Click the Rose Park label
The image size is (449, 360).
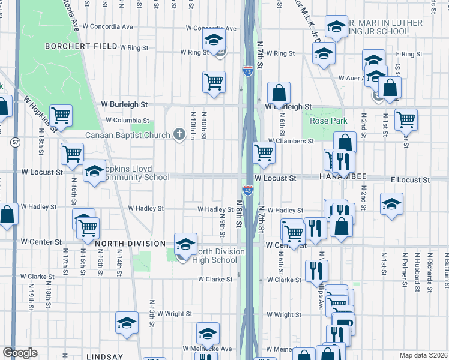pos(328,121)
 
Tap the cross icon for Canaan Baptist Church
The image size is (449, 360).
pos(179,134)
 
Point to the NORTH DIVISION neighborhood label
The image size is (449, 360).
pos(130,243)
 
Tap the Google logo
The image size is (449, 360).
pos(20,353)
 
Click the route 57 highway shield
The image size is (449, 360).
pos(16,142)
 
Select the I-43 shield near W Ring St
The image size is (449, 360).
pos(248,71)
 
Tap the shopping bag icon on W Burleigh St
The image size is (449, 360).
pos(279,94)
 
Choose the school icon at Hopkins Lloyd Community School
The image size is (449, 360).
pos(94,173)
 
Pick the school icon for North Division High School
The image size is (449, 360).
pos(185,244)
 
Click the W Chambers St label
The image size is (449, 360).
pos(291,141)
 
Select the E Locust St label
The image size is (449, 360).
pos(410,180)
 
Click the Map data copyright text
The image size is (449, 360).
pos(424,355)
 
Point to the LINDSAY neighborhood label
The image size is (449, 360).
pos(104,356)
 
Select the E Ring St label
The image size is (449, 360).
pos(409,54)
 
